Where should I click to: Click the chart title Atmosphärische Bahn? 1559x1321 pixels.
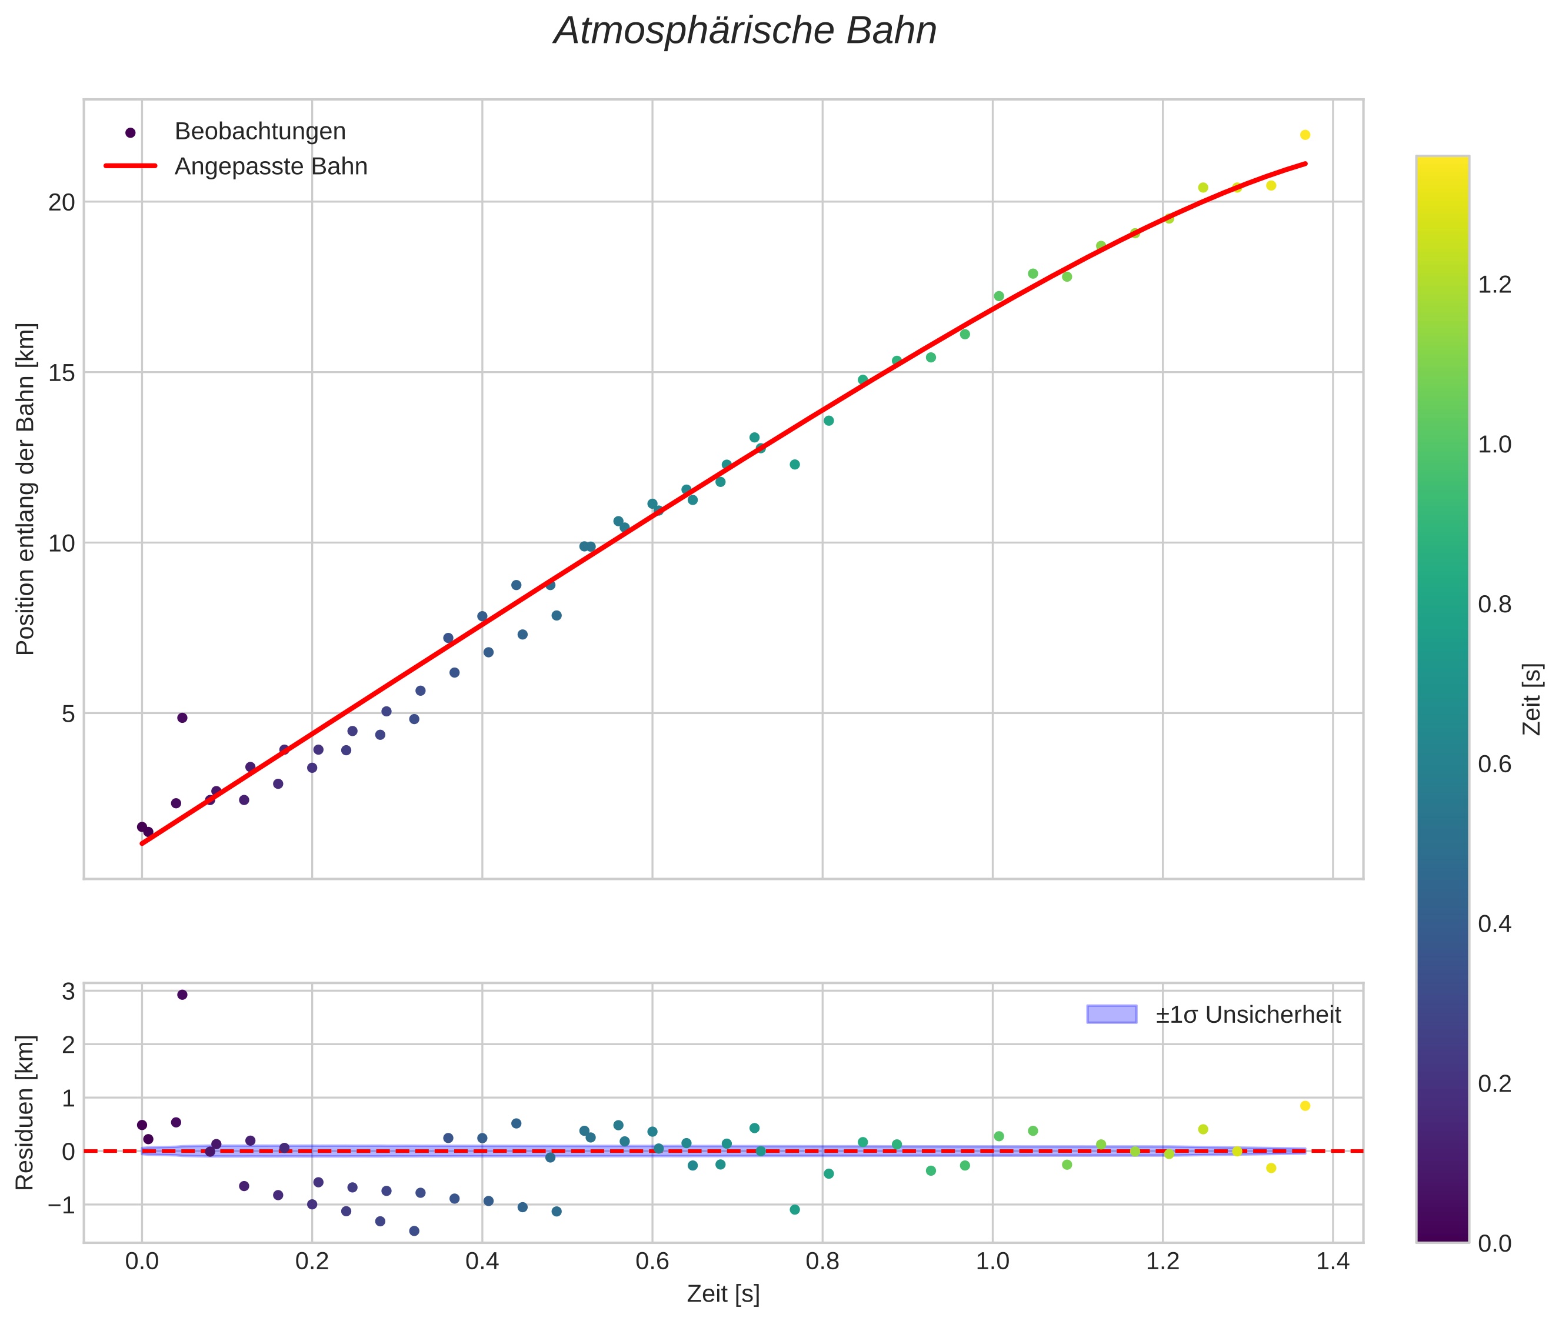745,31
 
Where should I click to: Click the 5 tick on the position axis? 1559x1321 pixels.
68,713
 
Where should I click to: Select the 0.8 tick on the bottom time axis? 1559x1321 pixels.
822,1261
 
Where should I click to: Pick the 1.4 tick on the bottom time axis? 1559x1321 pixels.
1332,1261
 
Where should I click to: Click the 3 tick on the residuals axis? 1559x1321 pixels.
68,992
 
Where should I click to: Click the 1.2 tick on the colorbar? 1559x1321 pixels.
1494,285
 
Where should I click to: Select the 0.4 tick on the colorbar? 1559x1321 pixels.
1494,924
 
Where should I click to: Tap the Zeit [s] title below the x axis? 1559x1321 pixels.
723,1294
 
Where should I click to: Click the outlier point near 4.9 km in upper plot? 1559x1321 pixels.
182,718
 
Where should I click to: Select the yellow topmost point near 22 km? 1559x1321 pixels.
1305,135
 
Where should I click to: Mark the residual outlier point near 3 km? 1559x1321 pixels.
182,995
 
